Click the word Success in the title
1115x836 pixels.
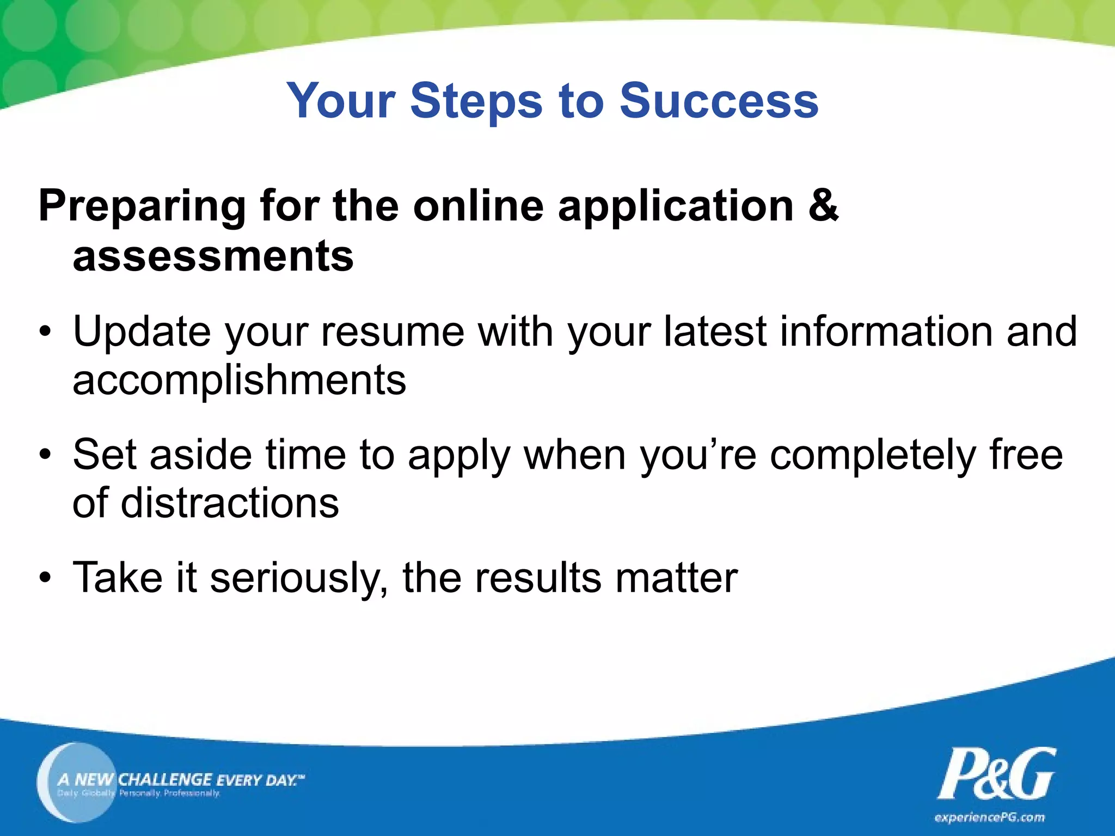tap(719, 101)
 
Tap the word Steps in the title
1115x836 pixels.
tap(476, 102)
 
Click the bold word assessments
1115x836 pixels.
tap(213, 256)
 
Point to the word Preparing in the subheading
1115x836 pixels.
tap(142, 207)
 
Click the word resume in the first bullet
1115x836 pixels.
tap(392, 332)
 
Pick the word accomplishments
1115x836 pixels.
tap(239, 381)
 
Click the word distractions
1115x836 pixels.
tap(229, 503)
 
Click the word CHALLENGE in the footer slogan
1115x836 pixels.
tap(165, 779)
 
